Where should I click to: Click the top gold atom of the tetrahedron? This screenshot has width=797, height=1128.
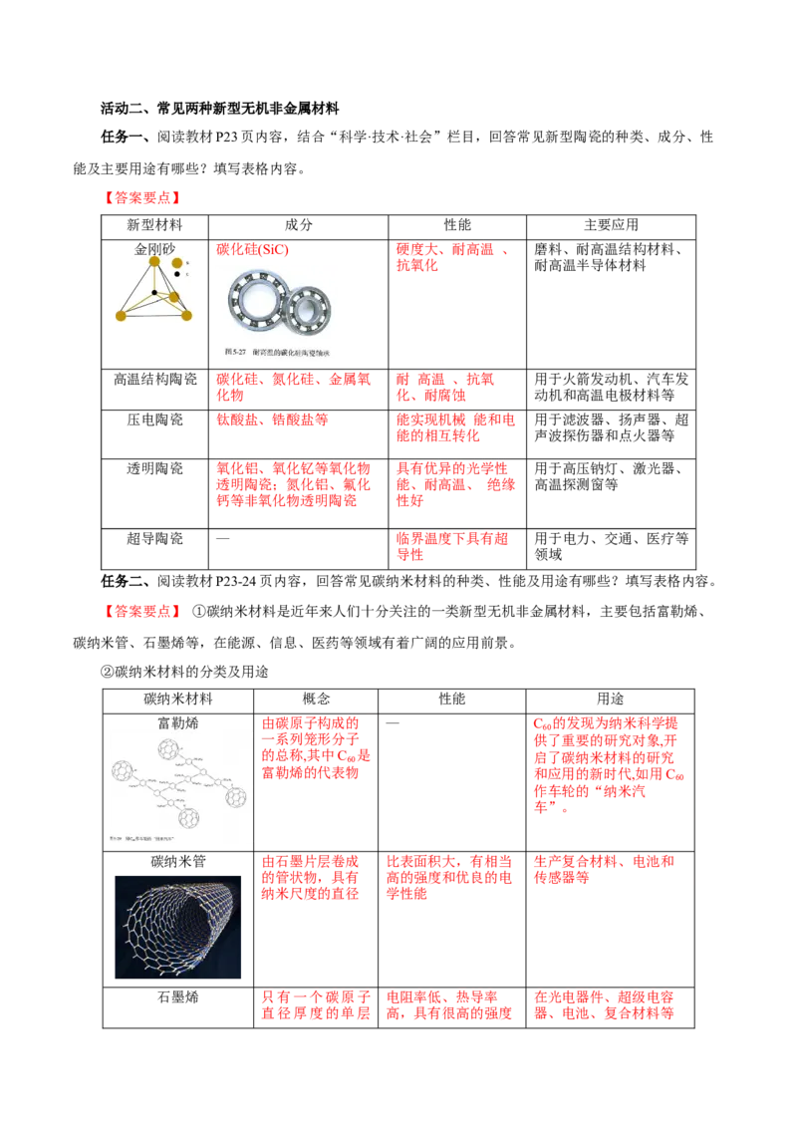[154, 262]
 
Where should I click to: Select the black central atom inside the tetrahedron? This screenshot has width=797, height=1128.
[154, 293]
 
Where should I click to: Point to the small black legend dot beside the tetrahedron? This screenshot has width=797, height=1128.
[177, 274]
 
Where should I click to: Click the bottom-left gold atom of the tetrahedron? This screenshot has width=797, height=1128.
[121, 316]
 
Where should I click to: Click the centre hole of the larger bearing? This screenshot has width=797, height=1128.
[256, 300]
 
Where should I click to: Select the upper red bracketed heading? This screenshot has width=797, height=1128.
[143, 198]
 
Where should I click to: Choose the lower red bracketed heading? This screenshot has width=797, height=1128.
[143, 611]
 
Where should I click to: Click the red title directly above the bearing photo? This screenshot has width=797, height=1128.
[253, 248]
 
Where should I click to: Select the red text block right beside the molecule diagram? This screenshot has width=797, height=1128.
[316, 747]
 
